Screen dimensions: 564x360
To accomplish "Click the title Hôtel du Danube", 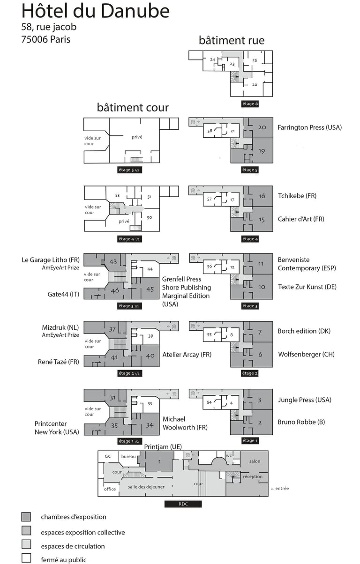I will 96,11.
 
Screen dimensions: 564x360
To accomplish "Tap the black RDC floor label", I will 183,504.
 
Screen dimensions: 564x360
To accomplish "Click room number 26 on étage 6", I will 255,84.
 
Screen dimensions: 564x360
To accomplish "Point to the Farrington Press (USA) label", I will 309,127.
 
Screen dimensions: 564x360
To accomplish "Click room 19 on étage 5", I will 262,151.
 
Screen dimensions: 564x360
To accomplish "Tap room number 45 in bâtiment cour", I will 150,289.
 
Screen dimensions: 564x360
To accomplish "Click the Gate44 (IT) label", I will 63,294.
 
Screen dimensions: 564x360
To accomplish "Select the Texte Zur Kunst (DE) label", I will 307,287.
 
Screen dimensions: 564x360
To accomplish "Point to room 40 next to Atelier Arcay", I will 150,356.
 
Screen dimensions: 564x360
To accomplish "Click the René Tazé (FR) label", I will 59,362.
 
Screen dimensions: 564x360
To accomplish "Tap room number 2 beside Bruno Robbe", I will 260,423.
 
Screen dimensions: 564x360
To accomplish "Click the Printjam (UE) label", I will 163,446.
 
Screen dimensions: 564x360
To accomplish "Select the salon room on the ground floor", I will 255,461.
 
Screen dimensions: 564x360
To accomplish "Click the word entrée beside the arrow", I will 282,489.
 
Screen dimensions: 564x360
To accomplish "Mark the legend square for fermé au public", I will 26,558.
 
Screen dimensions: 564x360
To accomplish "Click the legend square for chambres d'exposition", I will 26,517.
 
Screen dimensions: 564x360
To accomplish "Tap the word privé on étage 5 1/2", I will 137,137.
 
